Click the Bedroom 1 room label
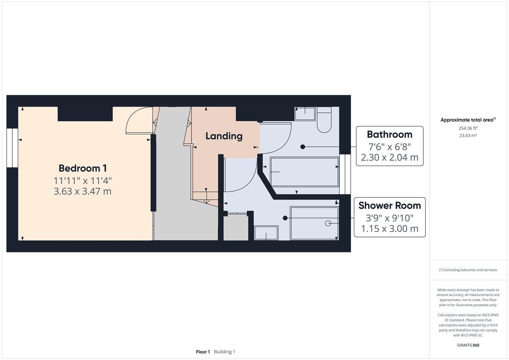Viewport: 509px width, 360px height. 83,168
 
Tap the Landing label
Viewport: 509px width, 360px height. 224,136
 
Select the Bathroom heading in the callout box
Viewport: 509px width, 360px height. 389,134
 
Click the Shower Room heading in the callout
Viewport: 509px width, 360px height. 389,205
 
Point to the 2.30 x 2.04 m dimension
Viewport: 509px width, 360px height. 389,157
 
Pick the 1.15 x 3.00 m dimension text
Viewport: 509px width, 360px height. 389,229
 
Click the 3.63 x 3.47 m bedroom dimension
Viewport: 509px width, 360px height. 83,191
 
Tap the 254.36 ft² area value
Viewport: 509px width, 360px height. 468,128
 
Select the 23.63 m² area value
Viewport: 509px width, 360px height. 468,135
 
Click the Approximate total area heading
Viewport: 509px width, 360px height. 468,120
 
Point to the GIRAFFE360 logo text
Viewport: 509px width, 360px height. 468,345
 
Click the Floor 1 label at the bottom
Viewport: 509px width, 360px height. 203,352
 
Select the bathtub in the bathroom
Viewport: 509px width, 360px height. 304,172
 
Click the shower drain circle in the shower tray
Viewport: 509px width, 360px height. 328,223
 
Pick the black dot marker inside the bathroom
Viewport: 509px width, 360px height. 303,147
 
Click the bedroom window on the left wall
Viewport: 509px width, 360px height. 12,148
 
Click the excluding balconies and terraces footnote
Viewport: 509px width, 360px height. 468,270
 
